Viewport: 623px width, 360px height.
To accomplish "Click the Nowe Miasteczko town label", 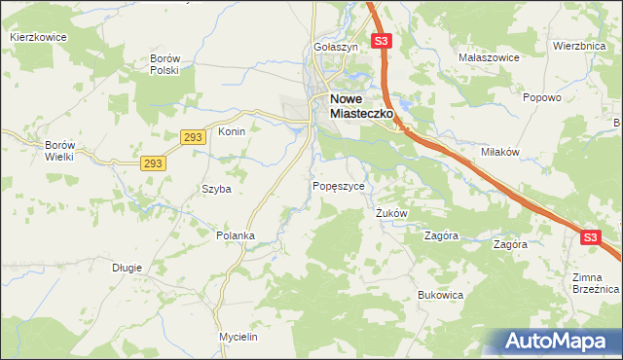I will (x=360, y=106).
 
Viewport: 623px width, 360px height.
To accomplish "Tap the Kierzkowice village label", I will (x=37, y=37).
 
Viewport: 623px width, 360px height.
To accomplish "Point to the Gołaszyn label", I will (x=337, y=47).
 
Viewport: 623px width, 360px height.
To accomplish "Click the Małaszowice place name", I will (x=488, y=57).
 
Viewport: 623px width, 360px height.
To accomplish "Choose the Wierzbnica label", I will (x=579, y=46).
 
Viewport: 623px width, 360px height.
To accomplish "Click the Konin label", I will (x=232, y=131).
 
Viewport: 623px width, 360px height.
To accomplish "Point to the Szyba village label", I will (x=216, y=189).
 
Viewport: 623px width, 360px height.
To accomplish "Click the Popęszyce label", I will (x=339, y=186).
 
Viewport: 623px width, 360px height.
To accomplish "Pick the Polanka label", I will (x=236, y=235).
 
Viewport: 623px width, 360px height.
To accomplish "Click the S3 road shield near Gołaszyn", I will (x=382, y=42).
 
